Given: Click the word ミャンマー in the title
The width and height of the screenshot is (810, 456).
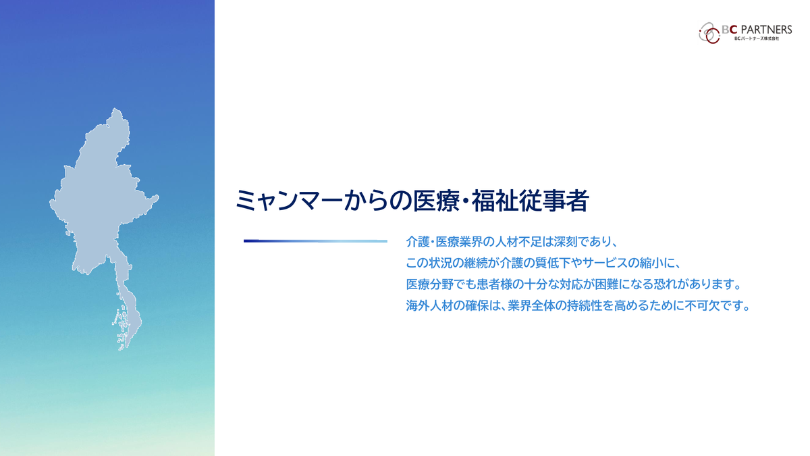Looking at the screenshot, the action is coord(289,201).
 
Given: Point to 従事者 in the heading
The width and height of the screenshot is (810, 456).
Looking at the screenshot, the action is coord(554,201).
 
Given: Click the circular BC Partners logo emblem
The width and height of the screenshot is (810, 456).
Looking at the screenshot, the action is coord(709,33).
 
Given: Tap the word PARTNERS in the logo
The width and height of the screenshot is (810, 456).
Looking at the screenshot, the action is coord(766,29).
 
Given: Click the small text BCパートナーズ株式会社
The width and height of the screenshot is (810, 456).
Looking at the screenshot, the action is coord(757,39).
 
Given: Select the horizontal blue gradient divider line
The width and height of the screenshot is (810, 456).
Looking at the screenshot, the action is coord(315,241).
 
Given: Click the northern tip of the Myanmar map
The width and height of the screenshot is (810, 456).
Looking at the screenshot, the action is coord(115,109).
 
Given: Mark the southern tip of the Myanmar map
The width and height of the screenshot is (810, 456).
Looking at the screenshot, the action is coord(121,350).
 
